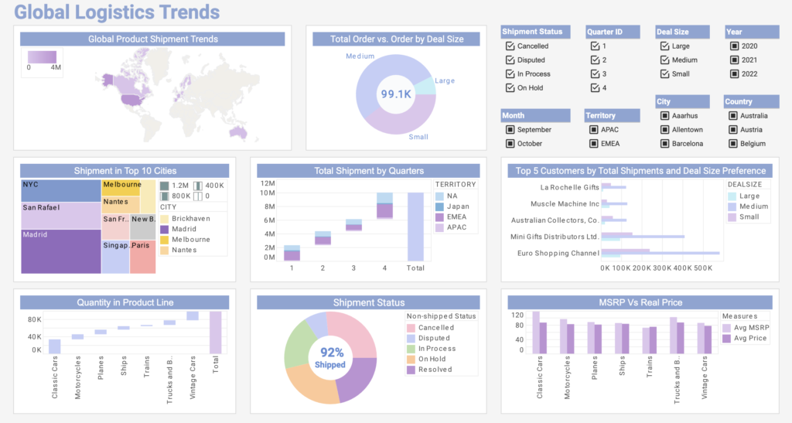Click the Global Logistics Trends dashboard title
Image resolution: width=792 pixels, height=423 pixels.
pyautogui.click(x=117, y=12)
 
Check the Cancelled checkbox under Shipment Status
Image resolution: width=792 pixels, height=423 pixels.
pyautogui.click(x=510, y=46)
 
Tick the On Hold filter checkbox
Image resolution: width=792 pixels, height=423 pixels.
pyautogui.click(x=510, y=88)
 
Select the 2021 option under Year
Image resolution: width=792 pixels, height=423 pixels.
pyautogui.click(x=734, y=60)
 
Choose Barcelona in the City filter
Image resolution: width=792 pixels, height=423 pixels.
pyautogui.click(x=664, y=144)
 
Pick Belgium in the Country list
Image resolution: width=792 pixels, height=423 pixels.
pyautogui.click(x=733, y=144)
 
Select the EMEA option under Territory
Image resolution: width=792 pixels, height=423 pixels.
pyautogui.click(x=593, y=144)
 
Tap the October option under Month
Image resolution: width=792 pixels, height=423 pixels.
pyautogui.click(x=510, y=144)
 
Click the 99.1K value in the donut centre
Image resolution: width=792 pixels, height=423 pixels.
pyautogui.click(x=395, y=94)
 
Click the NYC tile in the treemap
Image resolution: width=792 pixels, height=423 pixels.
pyautogui.click(x=60, y=190)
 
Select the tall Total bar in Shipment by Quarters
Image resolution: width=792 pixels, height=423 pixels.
pyautogui.click(x=415, y=226)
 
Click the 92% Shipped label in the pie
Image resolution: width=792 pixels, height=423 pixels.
pyautogui.click(x=330, y=358)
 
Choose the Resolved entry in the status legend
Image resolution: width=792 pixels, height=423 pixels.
pyautogui.click(x=435, y=370)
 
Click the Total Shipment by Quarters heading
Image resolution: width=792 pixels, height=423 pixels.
pyautogui.click(x=369, y=171)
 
